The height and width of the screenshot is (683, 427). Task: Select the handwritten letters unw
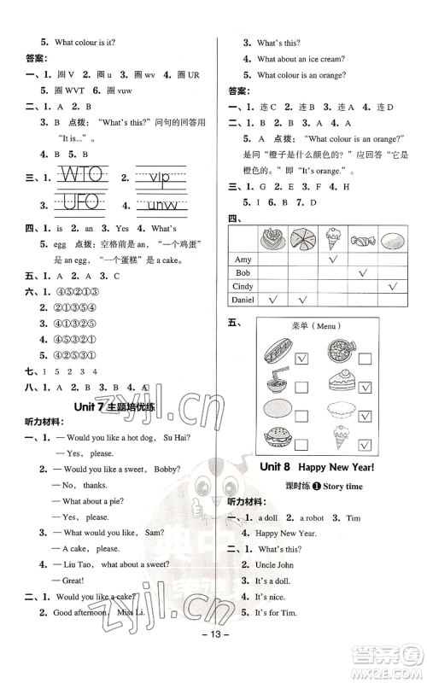[x=167, y=206]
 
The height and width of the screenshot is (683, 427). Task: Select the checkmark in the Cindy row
[x=394, y=286]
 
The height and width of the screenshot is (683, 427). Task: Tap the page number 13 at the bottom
[x=213, y=663]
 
